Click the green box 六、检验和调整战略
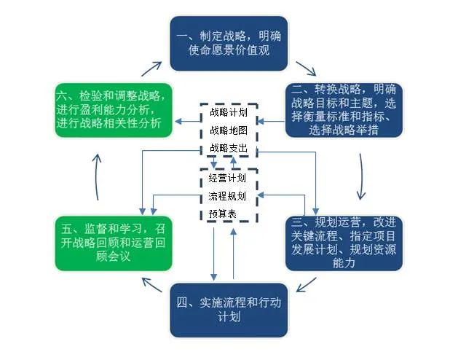[112, 110]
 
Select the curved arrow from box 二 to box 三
[360, 175]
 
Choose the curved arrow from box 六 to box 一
[151, 69]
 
